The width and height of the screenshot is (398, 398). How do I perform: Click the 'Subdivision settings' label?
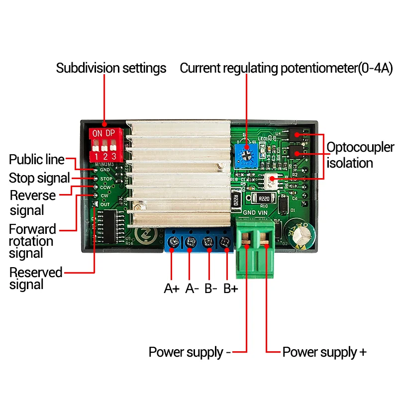click(111, 68)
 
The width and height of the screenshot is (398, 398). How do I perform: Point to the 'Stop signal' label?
click(39, 178)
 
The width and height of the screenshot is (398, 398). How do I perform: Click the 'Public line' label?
click(37, 160)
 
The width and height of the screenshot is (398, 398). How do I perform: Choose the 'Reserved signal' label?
click(36, 279)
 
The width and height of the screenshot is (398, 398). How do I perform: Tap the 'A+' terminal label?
click(172, 289)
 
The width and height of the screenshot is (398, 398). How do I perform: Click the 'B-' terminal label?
click(210, 289)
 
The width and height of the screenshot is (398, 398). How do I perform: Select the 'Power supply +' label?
click(324, 352)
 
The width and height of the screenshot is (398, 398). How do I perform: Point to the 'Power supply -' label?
click(190, 352)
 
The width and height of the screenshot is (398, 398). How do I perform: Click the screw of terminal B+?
click(225, 242)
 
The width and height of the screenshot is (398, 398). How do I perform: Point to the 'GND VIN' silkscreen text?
click(255, 213)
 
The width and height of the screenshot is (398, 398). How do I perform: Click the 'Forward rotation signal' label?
click(33, 241)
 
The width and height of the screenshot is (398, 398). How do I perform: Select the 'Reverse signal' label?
click(33, 202)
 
